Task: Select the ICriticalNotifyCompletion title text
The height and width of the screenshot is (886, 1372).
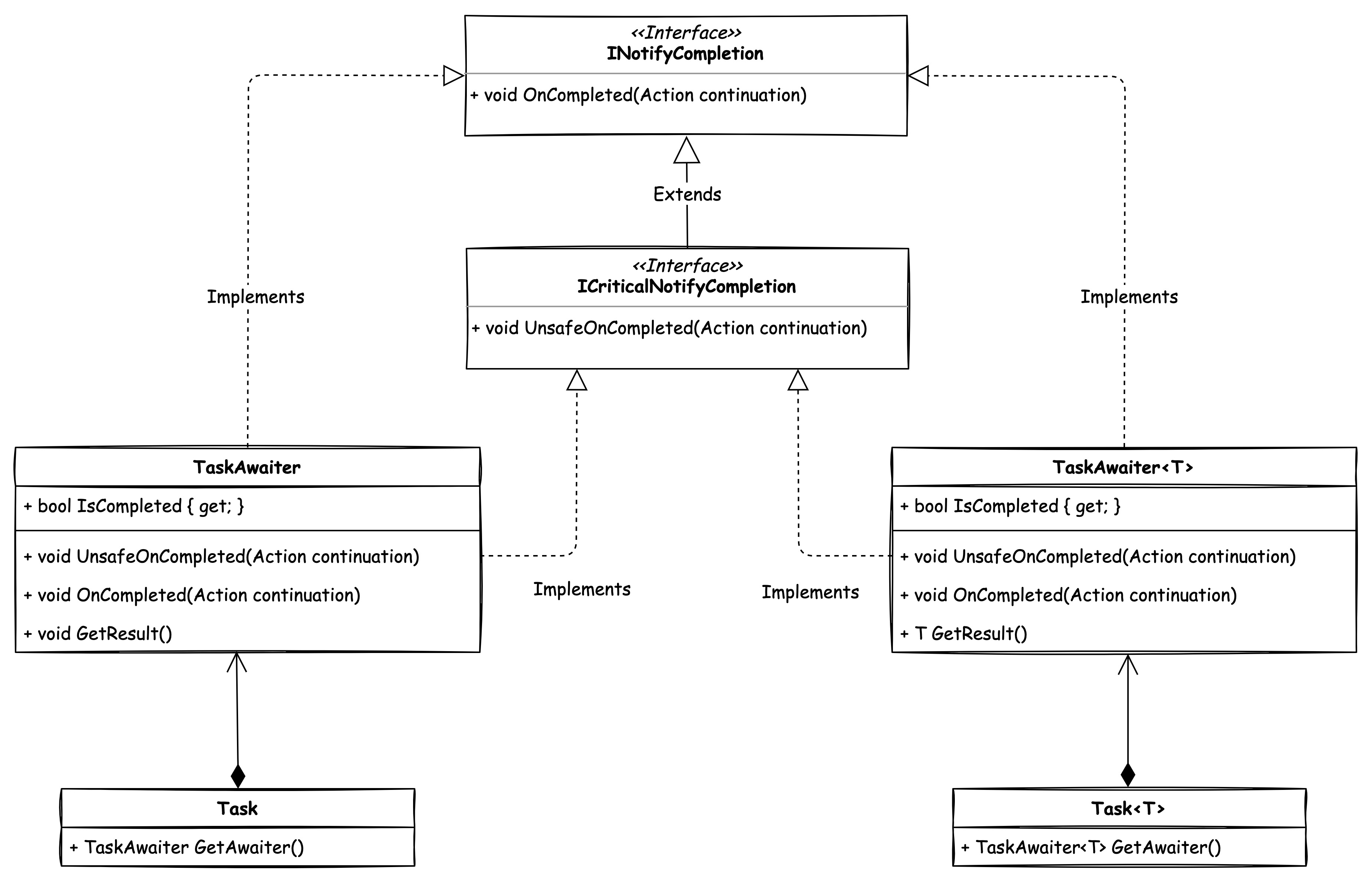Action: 686,286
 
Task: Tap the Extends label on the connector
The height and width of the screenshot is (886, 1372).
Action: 687,194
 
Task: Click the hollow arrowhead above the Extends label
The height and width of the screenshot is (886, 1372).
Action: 687,151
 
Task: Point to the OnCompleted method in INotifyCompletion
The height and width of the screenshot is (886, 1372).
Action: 638,95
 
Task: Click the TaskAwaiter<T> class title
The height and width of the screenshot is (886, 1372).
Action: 1122,467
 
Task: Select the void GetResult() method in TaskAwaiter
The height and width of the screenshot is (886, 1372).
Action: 98,633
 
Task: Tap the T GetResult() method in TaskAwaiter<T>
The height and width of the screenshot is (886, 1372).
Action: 964,633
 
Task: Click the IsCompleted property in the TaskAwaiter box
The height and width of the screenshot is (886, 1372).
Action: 133,506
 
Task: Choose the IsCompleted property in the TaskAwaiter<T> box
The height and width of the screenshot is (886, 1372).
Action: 1010,506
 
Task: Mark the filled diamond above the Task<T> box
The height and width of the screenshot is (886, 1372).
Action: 1128,775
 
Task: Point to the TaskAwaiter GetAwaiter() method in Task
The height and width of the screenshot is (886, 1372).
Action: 187,847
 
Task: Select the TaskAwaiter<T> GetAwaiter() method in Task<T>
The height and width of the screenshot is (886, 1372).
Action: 1091,847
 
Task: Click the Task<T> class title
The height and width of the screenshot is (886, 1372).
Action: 1128,808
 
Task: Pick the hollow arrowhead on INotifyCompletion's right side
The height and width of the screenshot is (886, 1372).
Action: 918,75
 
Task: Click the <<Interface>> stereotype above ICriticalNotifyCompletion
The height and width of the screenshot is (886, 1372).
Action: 687,266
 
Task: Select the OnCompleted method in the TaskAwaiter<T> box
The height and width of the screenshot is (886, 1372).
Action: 1068,595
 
